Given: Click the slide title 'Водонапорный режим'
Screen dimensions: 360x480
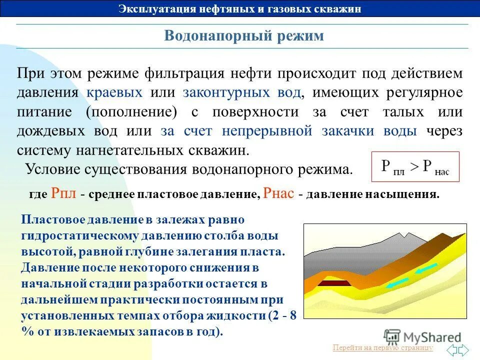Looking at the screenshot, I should point(244,36).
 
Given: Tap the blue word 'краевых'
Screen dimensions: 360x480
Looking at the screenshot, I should point(114,92).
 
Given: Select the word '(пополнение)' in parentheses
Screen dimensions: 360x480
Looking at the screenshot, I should point(131,112).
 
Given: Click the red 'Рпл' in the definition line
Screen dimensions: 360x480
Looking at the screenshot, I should point(63,194).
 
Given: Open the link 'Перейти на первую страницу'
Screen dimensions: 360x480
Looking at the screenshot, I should point(382,348).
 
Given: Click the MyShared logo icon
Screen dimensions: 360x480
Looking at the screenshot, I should point(392,336).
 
